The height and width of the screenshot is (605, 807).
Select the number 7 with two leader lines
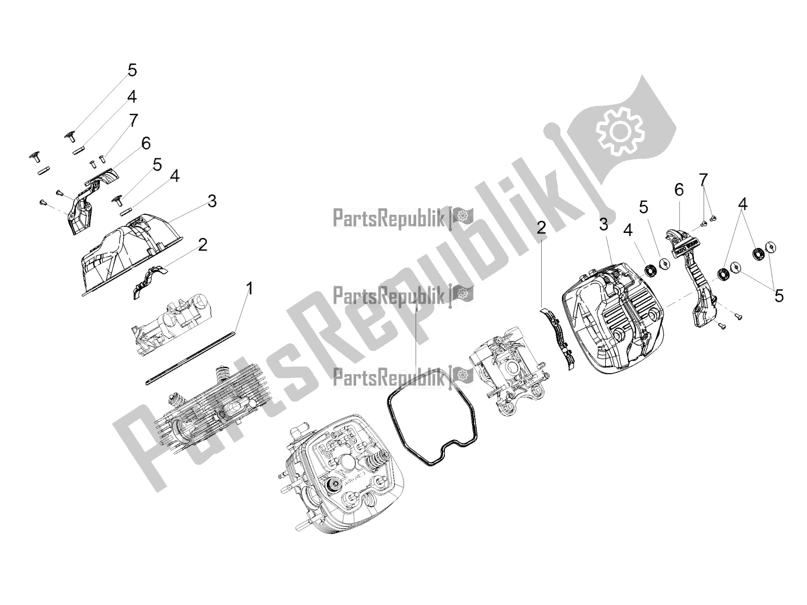pos(703,179)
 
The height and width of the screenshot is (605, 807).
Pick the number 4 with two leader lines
pos(742,204)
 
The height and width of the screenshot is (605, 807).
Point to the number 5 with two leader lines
pos(779,296)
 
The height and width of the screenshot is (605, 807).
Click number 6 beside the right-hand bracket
pos(679,190)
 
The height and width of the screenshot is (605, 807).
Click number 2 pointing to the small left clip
pos(202,245)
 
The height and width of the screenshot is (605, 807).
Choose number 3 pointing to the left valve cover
pos(212,201)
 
